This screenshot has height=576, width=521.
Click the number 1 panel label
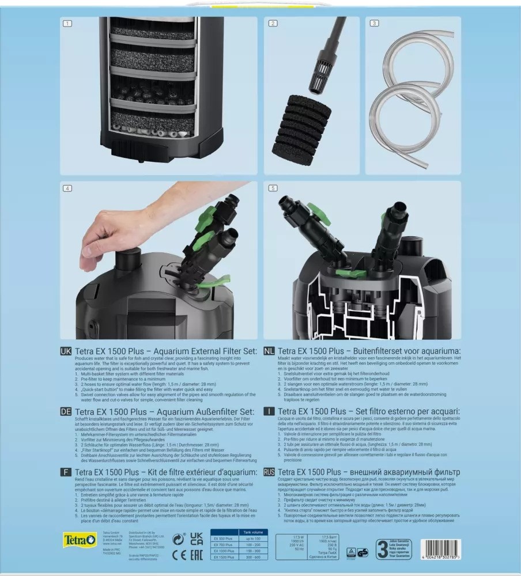coord(68,24)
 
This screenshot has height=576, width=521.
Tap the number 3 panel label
coord(374,24)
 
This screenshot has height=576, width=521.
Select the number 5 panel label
coord(272,188)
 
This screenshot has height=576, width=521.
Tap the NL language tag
coord(269,350)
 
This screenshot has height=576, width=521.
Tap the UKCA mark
coord(196,540)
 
